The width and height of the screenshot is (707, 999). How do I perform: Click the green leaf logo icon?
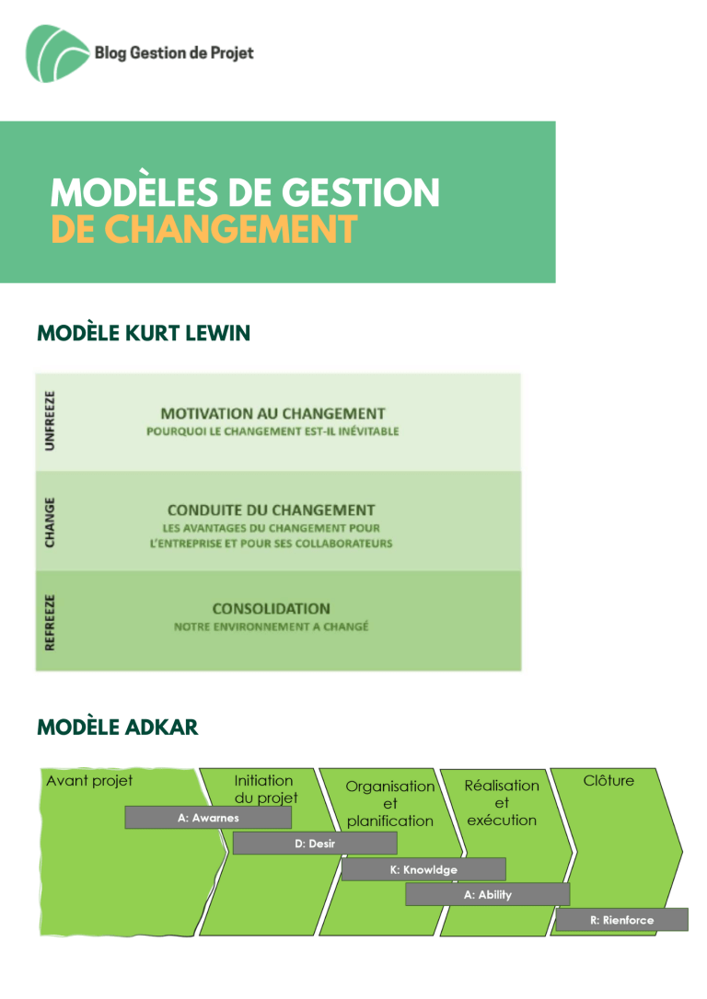[x=56, y=53]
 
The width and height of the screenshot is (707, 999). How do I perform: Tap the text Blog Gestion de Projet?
[x=174, y=52]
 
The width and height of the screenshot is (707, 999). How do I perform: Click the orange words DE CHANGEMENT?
[x=203, y=229]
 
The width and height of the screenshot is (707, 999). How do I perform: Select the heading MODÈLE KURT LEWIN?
[x=144, y=333]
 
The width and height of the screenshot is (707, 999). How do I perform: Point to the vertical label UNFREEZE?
[x=50, y=420]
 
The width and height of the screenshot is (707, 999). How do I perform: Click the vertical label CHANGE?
[x=50, y=522]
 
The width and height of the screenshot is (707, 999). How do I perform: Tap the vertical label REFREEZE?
[x=50, y=623]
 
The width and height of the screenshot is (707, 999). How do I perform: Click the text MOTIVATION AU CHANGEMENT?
[x=272, y=413]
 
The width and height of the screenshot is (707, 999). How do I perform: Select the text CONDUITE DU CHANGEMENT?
[x=271, y=511]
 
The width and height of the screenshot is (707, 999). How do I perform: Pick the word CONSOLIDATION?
[x=271, y=608]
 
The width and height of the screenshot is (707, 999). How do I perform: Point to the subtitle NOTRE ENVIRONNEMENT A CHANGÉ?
[x=271, y=627]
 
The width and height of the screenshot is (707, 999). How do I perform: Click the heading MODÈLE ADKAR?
[x=117, y=727]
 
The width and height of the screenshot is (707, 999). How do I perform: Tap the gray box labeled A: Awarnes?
[x=208, y=818]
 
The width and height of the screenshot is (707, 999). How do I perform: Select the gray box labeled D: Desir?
[x=315, y=844]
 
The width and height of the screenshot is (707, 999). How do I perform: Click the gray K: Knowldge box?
[x=423, y=869]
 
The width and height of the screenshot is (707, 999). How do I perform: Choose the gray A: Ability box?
[x=488, y=894]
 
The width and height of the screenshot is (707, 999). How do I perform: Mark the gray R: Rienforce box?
[x=622, y=920]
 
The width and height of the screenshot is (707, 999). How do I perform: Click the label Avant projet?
[x=89, y=780]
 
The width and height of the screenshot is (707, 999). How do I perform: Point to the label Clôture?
[x=608, y=780]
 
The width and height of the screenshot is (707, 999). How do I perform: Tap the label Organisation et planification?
[x=390, y=803]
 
